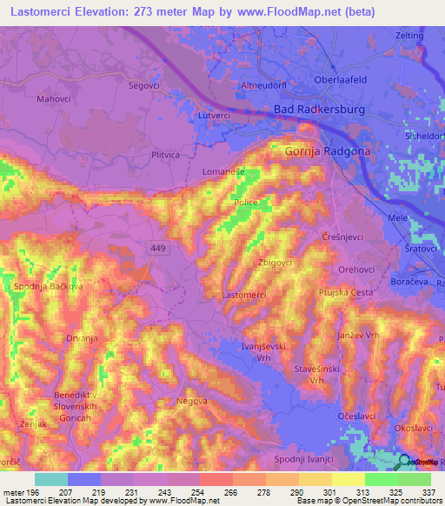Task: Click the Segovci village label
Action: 145,85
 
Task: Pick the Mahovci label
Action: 54,99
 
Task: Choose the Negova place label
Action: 192,401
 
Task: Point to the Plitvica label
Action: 165,154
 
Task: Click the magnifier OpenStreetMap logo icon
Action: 403,463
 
